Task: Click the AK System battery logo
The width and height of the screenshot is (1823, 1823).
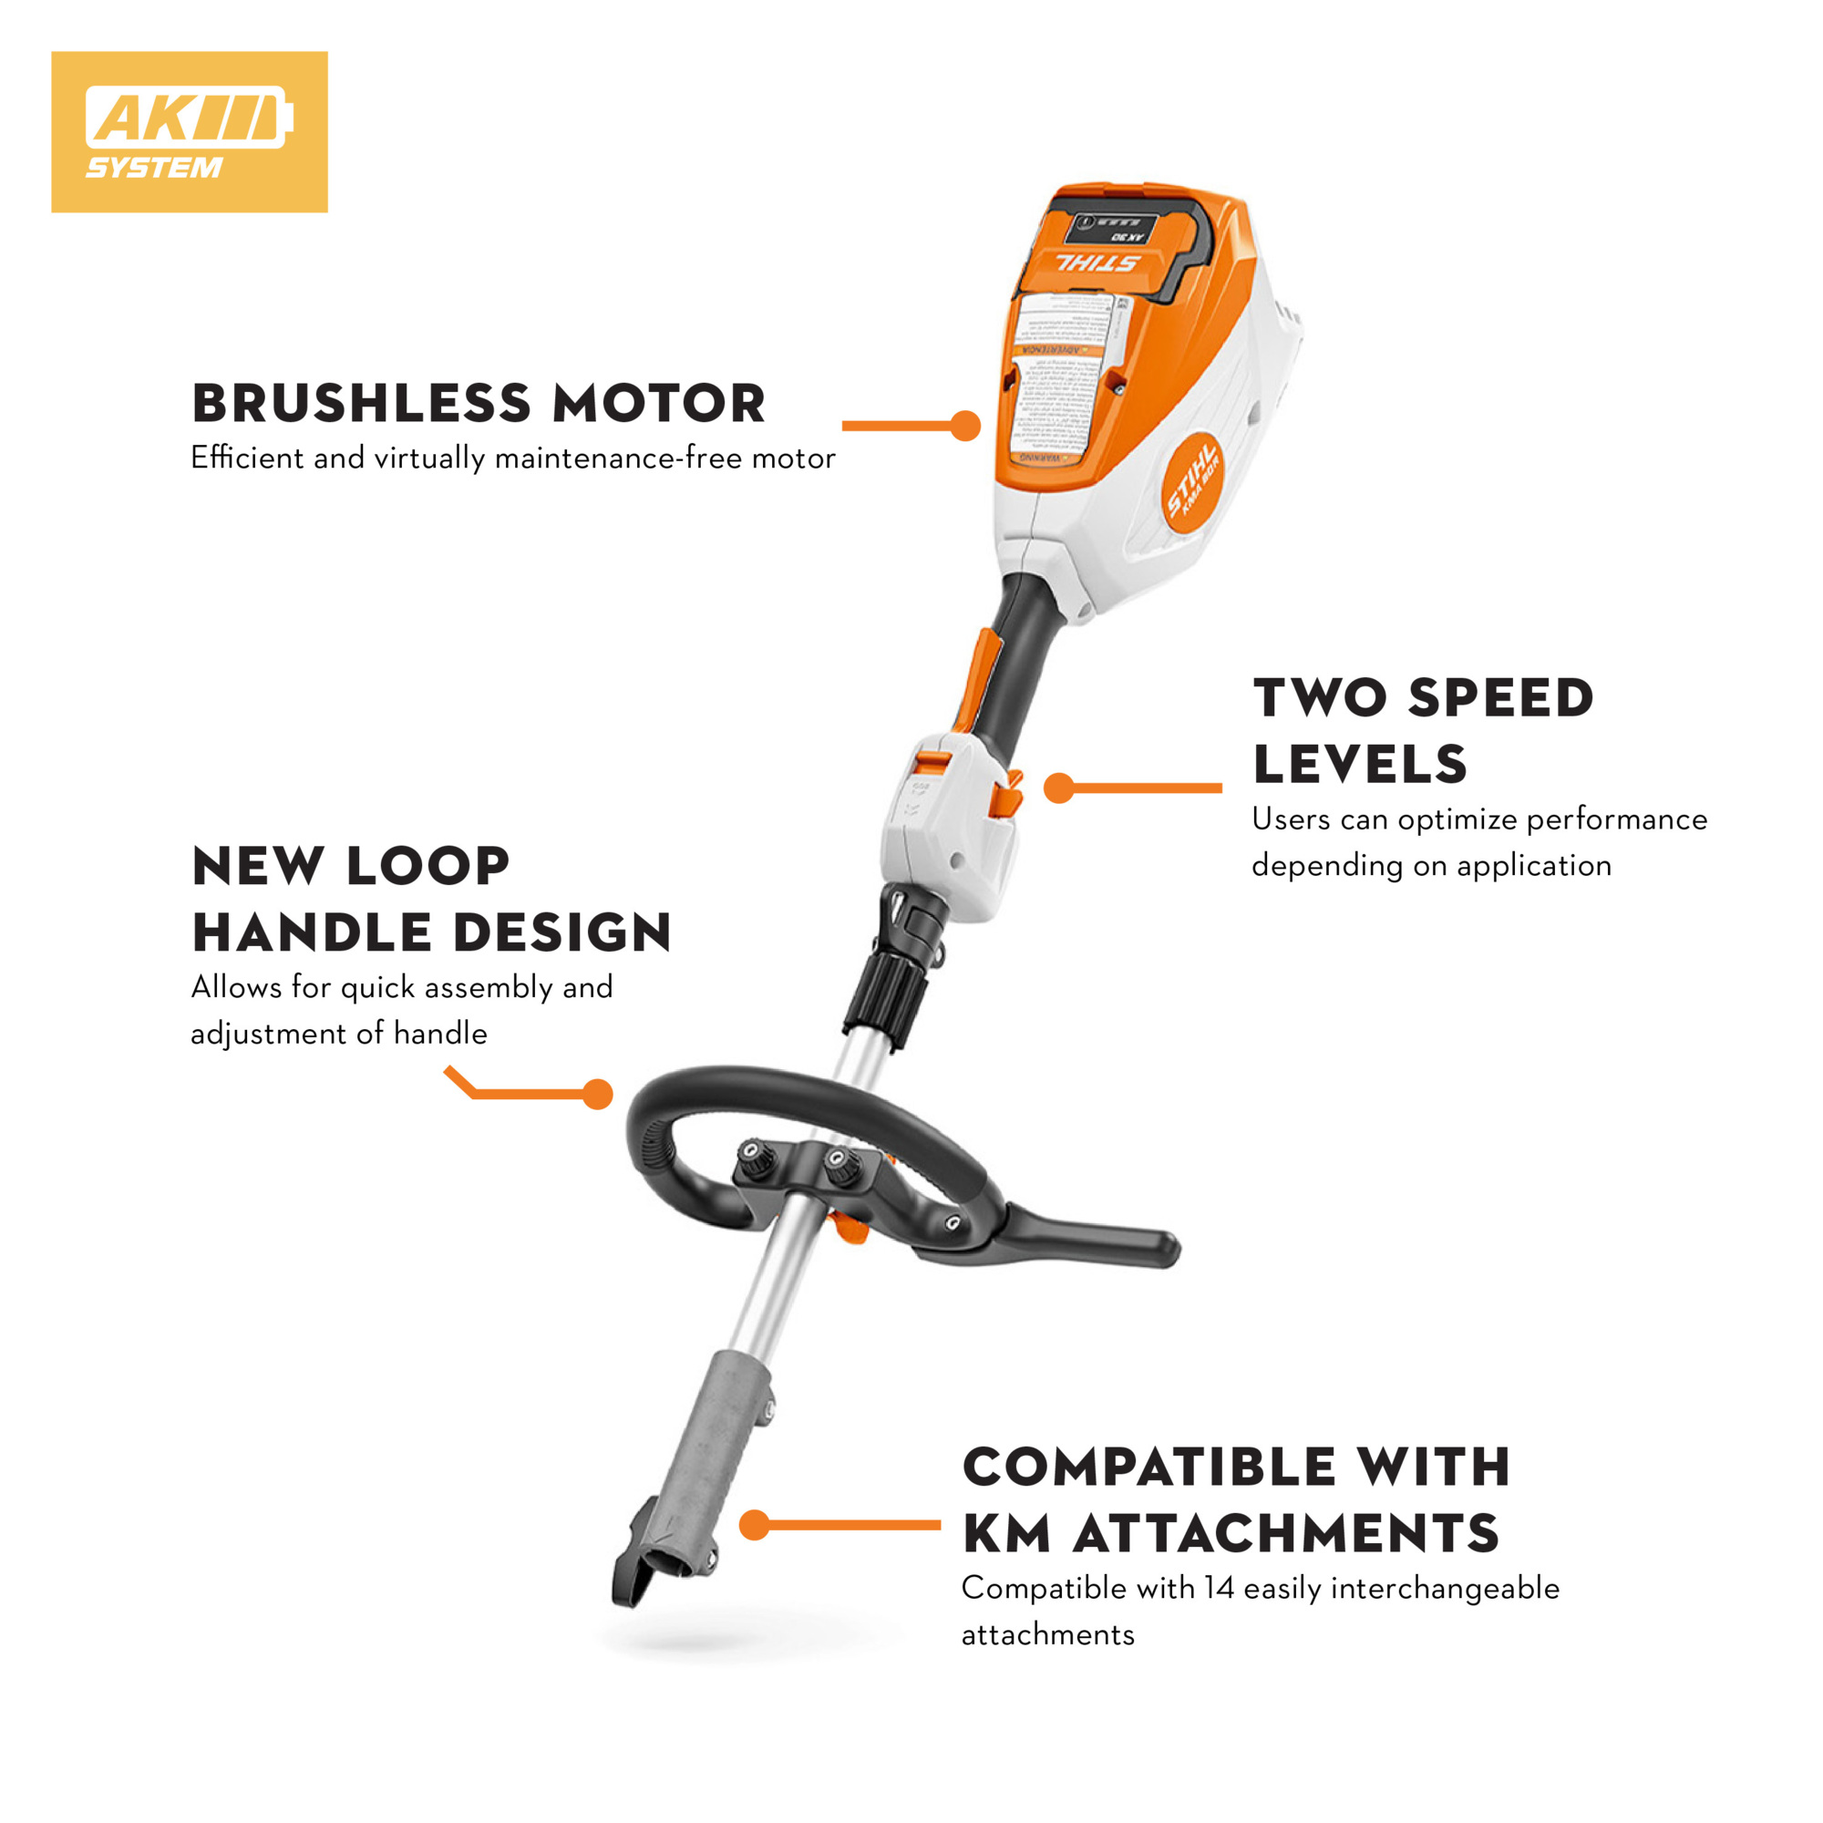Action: coord(189,131)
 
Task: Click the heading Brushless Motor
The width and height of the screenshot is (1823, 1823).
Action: coord(479,403)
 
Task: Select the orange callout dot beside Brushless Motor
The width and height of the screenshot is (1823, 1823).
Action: coord(965,426)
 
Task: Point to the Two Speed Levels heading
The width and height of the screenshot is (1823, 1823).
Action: coord(1423,730)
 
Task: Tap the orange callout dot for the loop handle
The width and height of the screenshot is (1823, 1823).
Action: coord(597,1095)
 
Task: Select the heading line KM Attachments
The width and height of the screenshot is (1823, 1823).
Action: coord(1231,1532)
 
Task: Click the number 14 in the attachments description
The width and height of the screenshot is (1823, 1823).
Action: coord(1219,1588)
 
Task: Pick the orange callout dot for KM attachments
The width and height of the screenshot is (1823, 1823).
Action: coord(754,1524)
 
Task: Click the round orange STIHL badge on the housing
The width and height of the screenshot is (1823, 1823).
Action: coord(1192,489)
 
